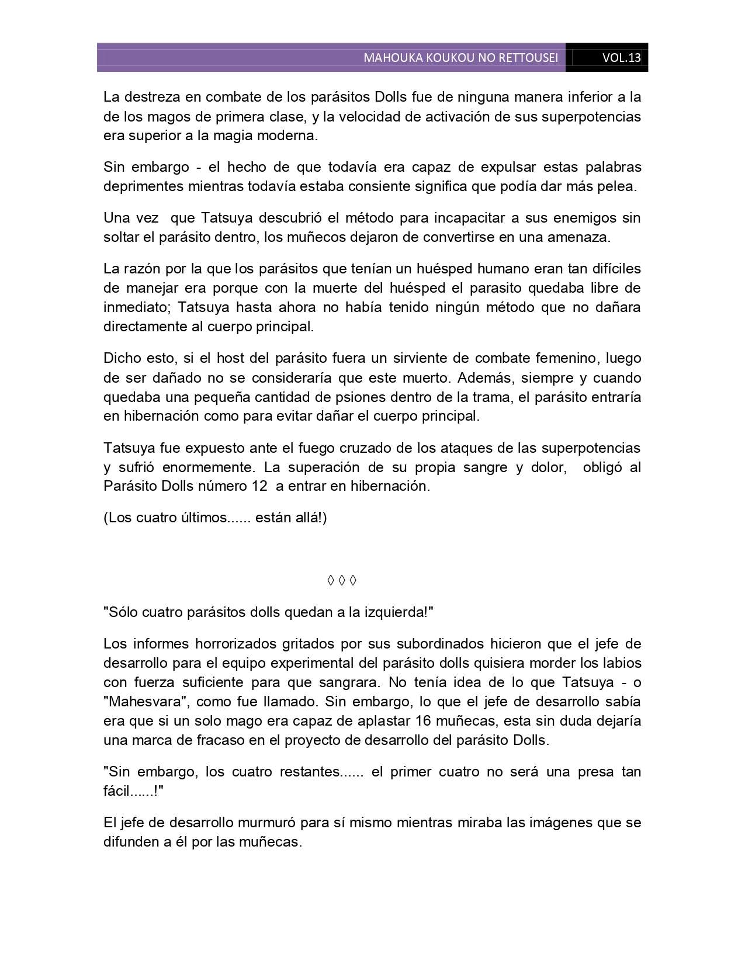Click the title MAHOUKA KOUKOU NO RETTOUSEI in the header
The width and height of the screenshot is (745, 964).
(x=460, y=58)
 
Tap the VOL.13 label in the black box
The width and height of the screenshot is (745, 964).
(x=622, y=58)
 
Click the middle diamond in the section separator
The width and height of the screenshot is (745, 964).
(x=342, y=580)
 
